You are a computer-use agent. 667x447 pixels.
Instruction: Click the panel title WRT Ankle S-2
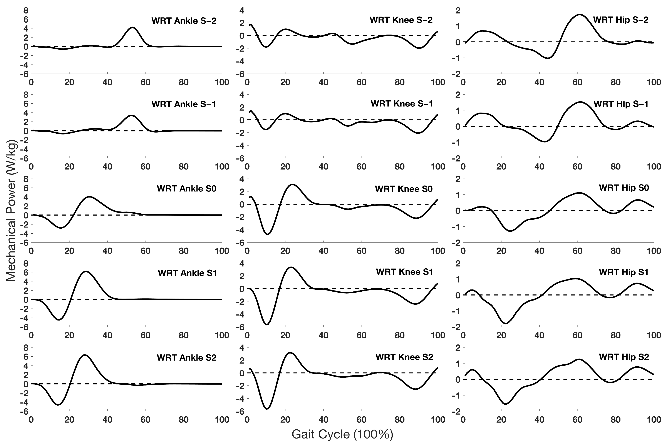pyautogui.click(x=184, y=21)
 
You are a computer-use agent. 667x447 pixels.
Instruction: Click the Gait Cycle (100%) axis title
pyautogui.click(x=342, y=434)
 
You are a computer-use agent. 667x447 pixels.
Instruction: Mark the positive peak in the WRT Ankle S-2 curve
pyautogui.click(x=132, y=27)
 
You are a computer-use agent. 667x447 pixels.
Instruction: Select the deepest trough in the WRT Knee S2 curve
pyautogui.click(x=267, y=409)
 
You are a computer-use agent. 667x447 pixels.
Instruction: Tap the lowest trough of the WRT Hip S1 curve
pyautogui.click(x=505, y=323)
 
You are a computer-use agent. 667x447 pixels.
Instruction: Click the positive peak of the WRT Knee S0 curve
pyautogui.click(x=293, y=184)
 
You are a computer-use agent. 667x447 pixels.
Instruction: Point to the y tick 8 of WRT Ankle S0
pyautogui.click(x=26, y=179)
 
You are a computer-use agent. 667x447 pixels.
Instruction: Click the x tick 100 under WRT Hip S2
pyautogui.click(x=654, y=420)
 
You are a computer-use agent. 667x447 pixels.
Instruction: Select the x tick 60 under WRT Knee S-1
pyautogui.click(x=361, y=166)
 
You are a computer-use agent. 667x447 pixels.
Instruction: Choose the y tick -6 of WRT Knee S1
pyautogui.click(x=240, y=327)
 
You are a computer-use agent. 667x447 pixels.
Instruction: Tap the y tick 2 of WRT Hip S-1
pyautogui.click(x=458, y=95)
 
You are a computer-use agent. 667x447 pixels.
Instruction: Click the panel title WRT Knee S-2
pyautogui.click(x=401, y=20)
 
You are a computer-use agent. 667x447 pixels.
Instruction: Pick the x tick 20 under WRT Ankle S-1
pyautogui.click(x=69, y=166)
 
